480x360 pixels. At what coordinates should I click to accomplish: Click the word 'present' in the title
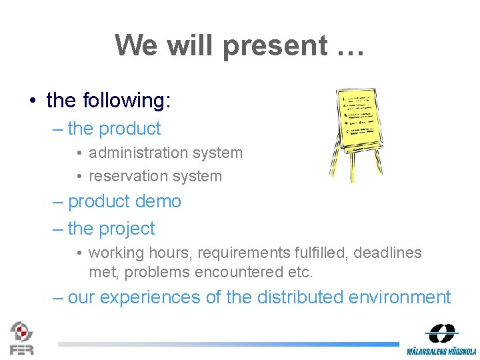tap(275, 46)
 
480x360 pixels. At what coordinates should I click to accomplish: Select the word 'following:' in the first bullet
tap(127, 101)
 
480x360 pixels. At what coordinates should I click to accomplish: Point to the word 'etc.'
tap(300, 272)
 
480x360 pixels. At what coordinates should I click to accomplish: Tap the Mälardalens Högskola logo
tap(441, 339)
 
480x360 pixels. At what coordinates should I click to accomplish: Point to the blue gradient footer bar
tap(227, 344)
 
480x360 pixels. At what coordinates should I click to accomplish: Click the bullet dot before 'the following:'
tap(32, 101)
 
